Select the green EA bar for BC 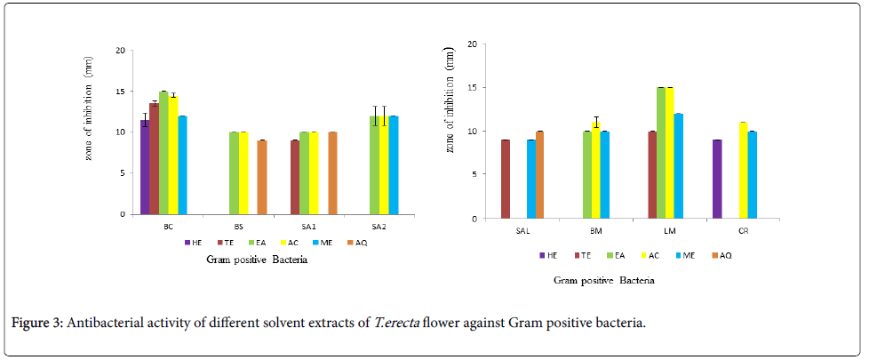(x=163, y=153)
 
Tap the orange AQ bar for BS (x=262, y=177)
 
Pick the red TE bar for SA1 (x=295, y=177)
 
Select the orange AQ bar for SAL (x=539, y=175)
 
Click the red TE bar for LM (x=652, y=175)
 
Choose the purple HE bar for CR (x=717, y=179)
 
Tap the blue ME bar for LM (x=678, y=166)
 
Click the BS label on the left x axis (x=239, y=226)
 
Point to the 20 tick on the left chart (x=121, y=50)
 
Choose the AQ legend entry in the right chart (x=722, y=256)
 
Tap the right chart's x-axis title (x=604, y=281)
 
